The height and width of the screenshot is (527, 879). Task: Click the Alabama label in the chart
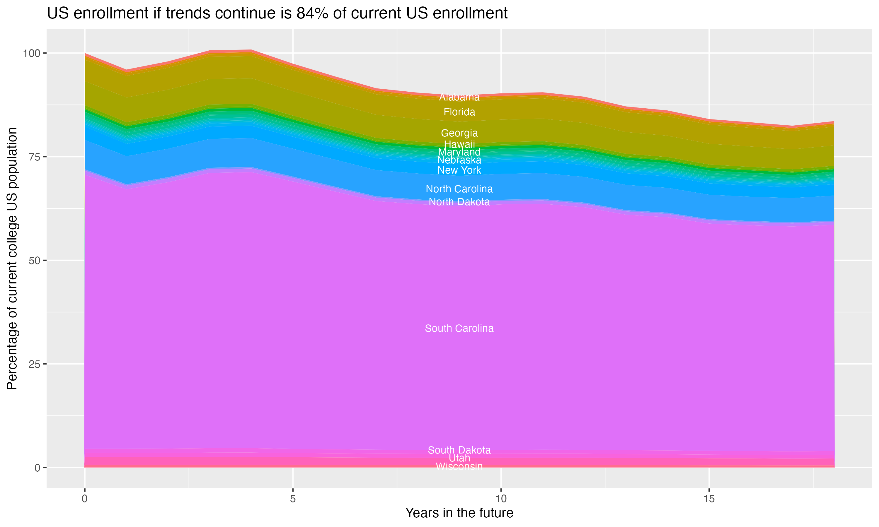459,97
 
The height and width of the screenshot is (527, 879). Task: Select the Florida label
459,112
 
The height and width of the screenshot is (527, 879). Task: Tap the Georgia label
459,133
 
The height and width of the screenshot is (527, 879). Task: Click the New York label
459,170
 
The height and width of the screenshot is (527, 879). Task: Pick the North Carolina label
459,189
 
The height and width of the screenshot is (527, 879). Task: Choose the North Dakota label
459,202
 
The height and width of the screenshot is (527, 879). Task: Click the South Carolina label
459,328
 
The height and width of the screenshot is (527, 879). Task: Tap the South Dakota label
459,450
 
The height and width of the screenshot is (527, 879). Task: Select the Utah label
459,458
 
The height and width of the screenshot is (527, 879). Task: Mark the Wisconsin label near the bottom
459,466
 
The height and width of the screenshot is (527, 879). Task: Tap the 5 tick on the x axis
293,499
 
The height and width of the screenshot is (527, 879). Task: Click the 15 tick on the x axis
709,499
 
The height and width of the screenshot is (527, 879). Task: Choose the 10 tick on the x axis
501,499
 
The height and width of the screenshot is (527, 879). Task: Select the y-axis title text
12,258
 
